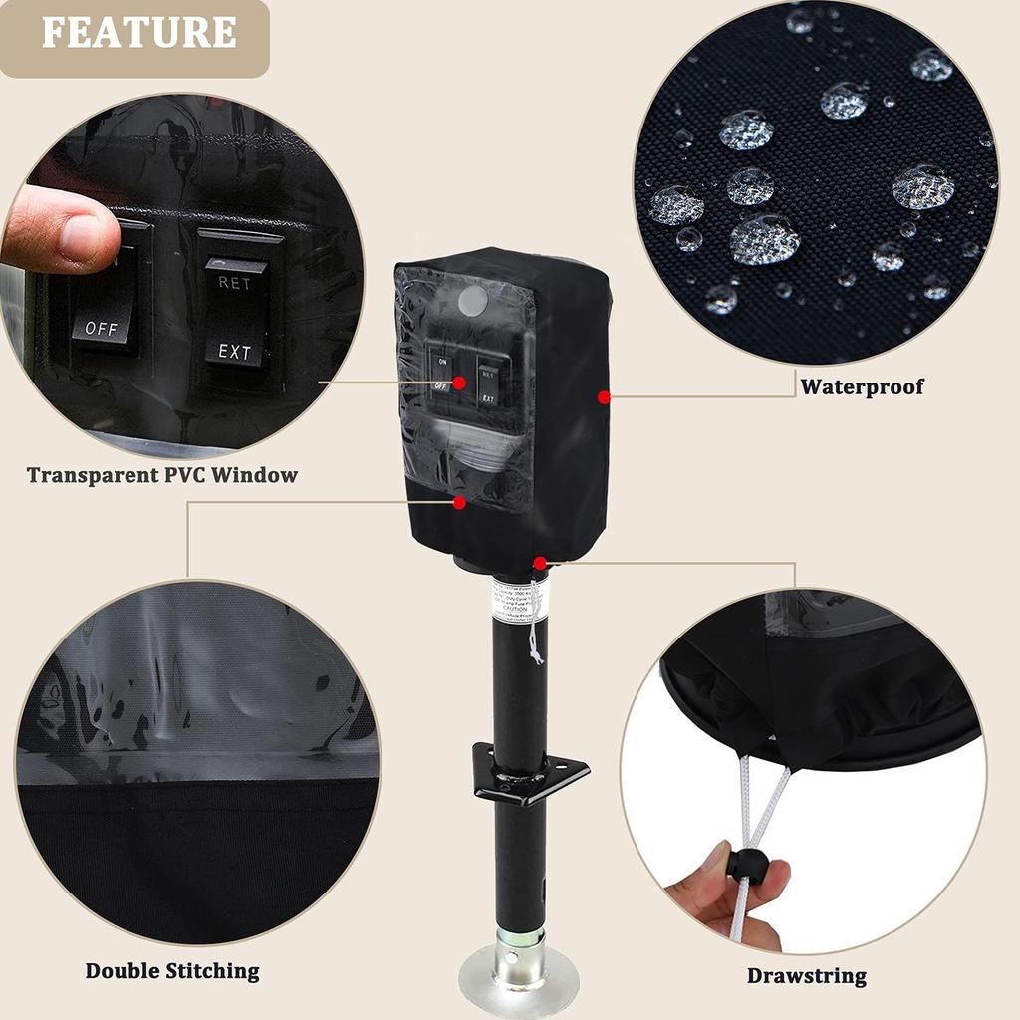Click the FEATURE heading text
pos(138,32)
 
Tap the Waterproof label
pos(862,386)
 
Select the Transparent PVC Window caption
pos(161,475)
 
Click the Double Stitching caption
pos(171,970)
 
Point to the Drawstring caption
pos(807,976)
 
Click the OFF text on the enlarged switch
pos(101,327)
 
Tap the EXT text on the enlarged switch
pos(235,352)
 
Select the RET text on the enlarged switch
pos(235,282)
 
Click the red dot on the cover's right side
pos(604,397)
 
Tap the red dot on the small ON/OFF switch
pos(459,382)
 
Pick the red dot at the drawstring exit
pos(539,563)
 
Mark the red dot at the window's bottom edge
pos(459,503)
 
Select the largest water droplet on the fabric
pos(765,239)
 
